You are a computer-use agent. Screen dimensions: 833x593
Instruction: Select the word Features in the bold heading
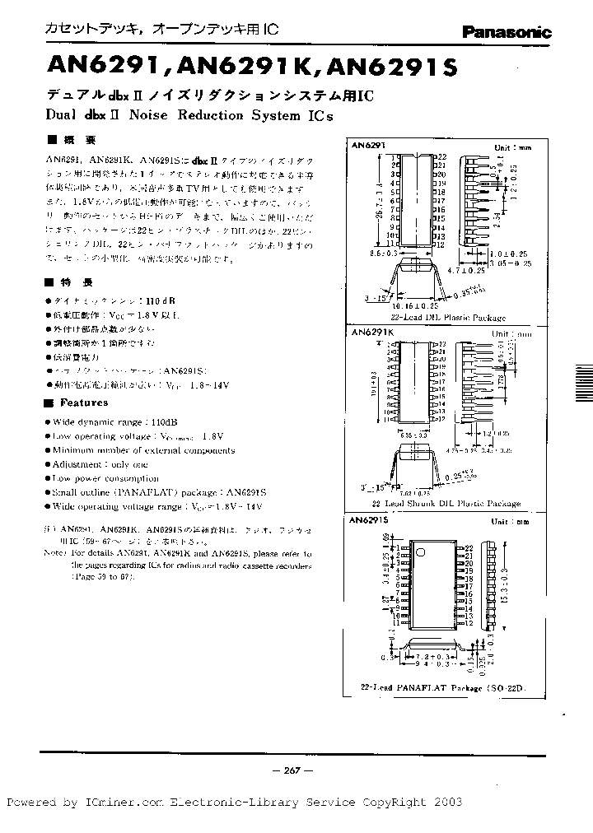pos(83,403)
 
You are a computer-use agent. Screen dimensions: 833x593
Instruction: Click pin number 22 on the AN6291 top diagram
pos(441,156)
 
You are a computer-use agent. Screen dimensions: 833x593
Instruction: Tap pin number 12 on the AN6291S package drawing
pos(469,624)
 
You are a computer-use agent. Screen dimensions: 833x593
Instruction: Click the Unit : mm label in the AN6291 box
pos(512,147)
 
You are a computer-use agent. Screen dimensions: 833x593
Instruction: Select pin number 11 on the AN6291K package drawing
pos(388,419)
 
